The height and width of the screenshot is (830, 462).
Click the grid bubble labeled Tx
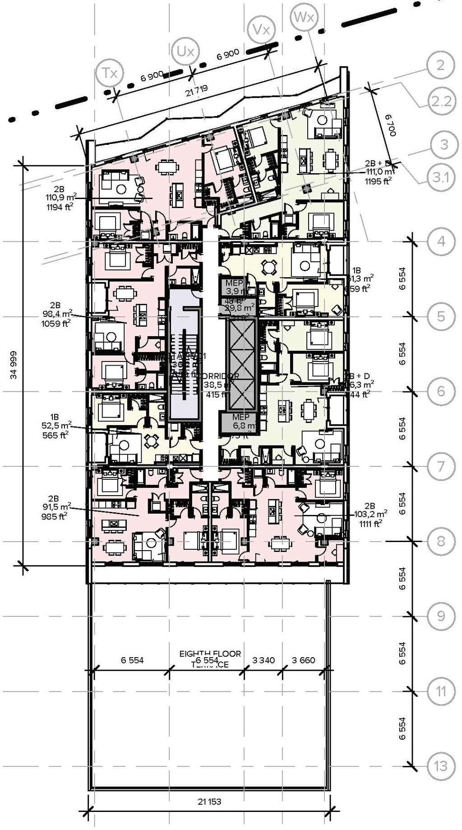tap(110, 73)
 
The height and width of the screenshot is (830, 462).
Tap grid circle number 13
tap(441, 766)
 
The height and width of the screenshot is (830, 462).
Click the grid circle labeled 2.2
tap(441, 101)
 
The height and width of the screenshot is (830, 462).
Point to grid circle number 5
tap(441, 316)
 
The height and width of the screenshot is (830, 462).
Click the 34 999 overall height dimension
tap(14, 364)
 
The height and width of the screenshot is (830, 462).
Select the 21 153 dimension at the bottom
tap(209, 802)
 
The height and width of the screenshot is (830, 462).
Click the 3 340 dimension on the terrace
tap(263, 660)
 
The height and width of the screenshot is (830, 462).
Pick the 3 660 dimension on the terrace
tap(303, 660)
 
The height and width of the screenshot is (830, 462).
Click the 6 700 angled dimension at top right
tap(390, 125)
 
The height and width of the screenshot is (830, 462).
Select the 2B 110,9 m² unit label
tap(60, 198)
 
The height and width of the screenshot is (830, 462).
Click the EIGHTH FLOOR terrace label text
tap(210, 654)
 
